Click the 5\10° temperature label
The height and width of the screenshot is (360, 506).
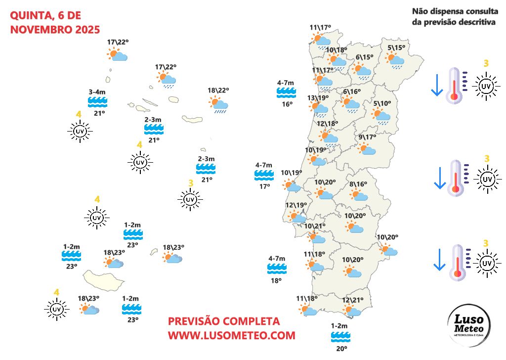point(382,104)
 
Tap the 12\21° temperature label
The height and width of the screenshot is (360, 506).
point(353,300)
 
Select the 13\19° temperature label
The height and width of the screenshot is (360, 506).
point(318,98)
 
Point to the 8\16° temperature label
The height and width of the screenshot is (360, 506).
point(358,184)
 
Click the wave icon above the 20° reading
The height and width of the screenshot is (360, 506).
point(340,337)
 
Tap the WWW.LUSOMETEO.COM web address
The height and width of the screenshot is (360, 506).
point(231,335)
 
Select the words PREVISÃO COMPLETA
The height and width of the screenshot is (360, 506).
point(224,321)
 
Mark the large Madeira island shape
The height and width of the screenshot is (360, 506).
point(103,280)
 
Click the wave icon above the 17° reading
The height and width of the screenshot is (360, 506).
point(264,175)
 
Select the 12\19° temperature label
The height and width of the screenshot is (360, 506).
point(296,205)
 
